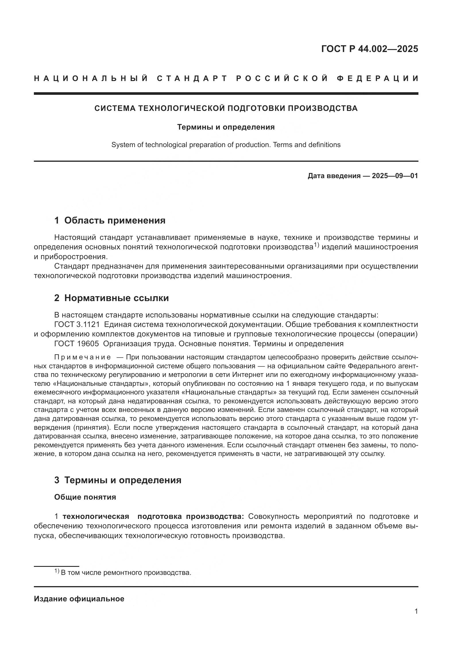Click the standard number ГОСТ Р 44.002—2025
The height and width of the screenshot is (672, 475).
[x=369, y=49]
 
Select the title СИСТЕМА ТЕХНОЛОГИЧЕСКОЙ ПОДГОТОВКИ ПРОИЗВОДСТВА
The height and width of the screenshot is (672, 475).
[x=226, y=108]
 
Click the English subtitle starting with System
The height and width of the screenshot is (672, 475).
[x=226, y=145]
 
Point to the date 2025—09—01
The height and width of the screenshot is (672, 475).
[x=395, y=176]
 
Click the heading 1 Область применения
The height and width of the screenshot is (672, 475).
[x=110, y=220]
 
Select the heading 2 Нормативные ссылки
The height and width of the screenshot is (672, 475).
[x=111, y=298]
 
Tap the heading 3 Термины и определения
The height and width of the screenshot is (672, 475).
[x=117, y=480]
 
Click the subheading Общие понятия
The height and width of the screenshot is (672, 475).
[x=85, y=497]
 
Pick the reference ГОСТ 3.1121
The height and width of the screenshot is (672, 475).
[x=77, y=324]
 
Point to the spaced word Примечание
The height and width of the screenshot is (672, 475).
[x=82, y=357]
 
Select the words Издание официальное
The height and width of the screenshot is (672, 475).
[x=79, y=599]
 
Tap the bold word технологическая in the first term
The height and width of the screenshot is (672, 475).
[x=96, y=516]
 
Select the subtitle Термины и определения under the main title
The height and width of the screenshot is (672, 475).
[x=226, y=127]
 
